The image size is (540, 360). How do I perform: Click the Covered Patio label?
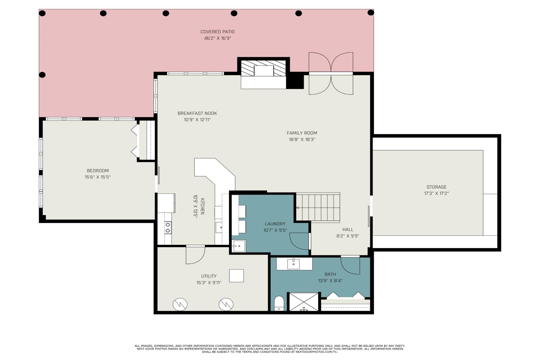217,31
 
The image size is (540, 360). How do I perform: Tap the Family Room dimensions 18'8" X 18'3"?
302,139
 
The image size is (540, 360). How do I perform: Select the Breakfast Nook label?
197,113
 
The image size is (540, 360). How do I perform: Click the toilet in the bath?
279,304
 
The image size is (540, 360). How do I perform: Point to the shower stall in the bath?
304,302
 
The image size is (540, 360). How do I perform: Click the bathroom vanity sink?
293,264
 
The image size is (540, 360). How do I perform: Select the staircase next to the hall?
318,207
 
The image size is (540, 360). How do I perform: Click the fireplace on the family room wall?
264,70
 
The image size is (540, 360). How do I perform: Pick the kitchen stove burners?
168,227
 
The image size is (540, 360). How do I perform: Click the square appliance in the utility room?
236,276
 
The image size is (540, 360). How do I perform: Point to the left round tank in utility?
180,304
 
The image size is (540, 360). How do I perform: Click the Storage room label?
436,187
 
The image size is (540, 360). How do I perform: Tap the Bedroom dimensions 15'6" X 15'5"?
97,177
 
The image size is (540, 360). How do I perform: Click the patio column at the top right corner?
371,13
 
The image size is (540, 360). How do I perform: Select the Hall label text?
348,229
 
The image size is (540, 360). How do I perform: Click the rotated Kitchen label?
202,206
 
